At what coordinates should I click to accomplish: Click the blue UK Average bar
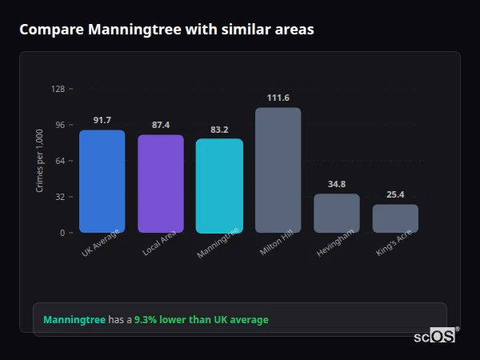[102, 181]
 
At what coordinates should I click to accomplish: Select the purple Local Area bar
[161, 183]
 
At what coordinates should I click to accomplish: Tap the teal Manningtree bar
[219, 186]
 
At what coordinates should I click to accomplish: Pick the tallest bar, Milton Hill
[278, 170]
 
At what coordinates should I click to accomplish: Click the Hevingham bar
[336, 213]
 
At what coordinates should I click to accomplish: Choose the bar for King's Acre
[395, 218]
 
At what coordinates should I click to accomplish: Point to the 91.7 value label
[102, 121]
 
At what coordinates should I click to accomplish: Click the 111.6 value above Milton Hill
[278, 98]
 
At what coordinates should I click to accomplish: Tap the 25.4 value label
[395, 195]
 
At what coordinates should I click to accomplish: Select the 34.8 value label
[336, 185]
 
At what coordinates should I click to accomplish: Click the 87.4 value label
[161, 126]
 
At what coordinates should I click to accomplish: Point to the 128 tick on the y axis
[58, 89]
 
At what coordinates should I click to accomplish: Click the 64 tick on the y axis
[60, 161]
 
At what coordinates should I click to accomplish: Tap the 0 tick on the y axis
[62, 233]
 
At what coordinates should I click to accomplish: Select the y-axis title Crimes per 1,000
[40, 161]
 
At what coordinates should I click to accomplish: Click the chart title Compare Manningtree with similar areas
[166, 30]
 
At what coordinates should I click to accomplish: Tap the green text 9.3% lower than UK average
[202, 320]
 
